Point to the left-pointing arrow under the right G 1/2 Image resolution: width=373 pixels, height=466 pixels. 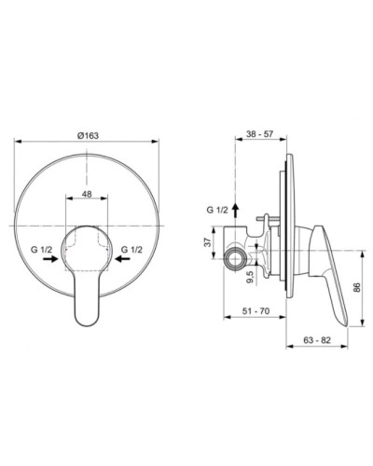[x=122, y=264]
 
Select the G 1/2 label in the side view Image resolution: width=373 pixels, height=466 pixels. [x=216, y=212]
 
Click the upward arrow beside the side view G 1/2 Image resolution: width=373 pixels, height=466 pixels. [x=235, y=206]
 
